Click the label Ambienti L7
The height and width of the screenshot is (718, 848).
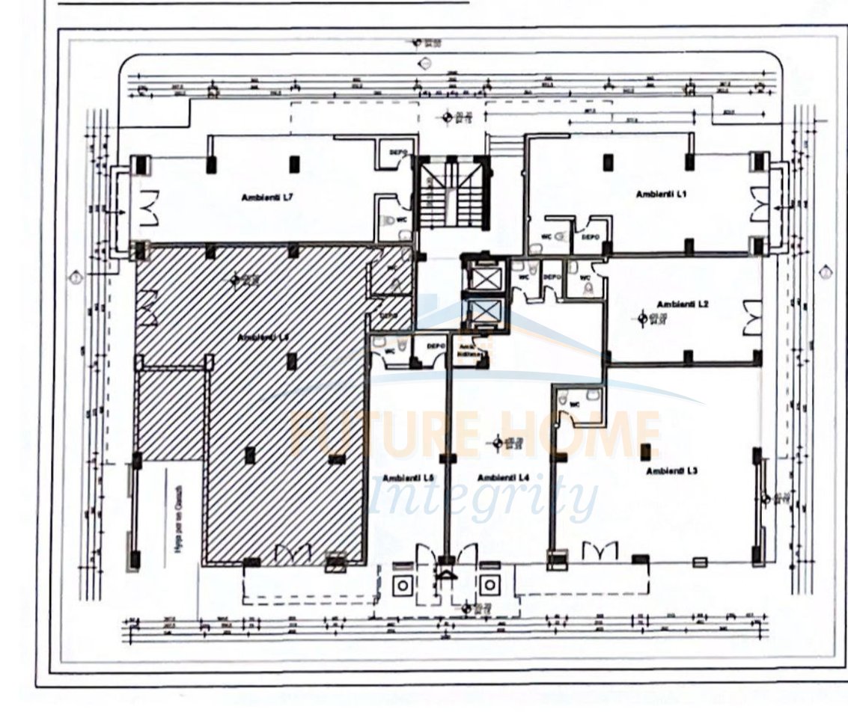click(x=261, y=197)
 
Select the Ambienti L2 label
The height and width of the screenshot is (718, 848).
click(x=682, y=304)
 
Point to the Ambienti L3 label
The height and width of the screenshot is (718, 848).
click(x=672, y=470)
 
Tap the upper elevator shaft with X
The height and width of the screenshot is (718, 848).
click(x=480, y=279)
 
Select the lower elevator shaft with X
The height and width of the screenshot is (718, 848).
click(x=480, y=313)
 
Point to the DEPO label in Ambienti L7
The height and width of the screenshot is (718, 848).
click(x=398, y=153)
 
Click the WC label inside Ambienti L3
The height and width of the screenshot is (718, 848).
click(x=575, y=405)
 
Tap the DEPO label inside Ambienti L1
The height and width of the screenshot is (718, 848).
click(x=590, y=236)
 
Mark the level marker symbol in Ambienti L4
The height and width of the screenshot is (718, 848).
click(x=504, y=442)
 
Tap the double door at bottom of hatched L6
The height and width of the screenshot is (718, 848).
click(x=293, y=553)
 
